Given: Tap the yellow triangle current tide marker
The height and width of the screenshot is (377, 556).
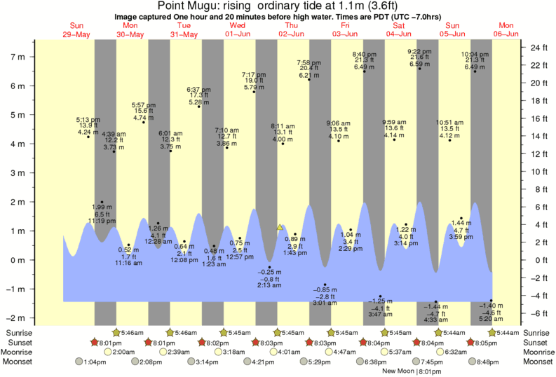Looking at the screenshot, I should point(280,227).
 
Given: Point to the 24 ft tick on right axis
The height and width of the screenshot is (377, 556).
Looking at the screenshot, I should point(538,48).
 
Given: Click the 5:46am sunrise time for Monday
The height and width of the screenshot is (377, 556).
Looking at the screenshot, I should point(134,332).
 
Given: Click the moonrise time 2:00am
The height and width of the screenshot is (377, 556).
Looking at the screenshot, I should point(124,352).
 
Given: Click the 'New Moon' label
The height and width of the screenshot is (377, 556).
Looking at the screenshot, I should point(399,371).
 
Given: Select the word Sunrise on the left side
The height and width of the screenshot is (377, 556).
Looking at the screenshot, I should point(19,332).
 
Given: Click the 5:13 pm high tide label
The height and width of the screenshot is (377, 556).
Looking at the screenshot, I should point(88,120).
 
